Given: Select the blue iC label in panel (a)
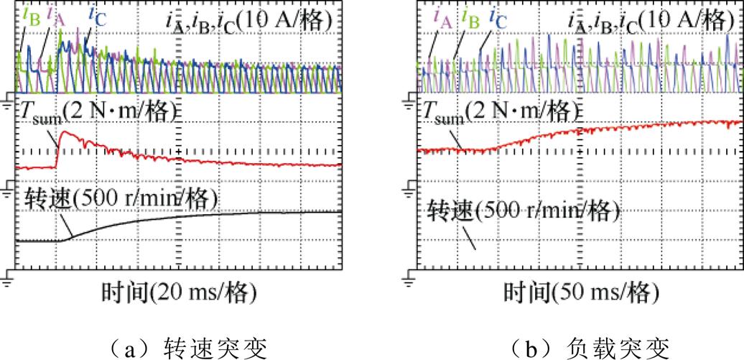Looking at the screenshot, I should click(x=96, y=14).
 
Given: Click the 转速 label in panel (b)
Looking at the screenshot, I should click(x=450, y=211).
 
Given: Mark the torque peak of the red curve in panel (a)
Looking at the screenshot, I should click(x=65, y=132).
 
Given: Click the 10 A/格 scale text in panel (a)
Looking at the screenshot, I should click(x=294, y=19).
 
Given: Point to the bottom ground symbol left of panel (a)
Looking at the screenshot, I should click(x=9, y=277).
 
